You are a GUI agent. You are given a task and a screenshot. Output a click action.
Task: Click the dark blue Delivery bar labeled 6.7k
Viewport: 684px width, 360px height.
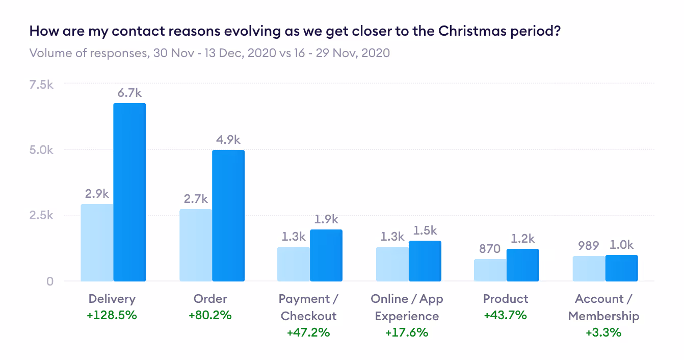(129, 192)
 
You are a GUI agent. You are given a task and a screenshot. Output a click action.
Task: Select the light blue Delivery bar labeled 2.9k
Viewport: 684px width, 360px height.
(97, 243)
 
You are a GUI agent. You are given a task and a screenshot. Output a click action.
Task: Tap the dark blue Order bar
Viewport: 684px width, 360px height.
(228, 216)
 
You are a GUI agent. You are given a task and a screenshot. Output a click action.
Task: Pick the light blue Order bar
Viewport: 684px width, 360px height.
(196, 245)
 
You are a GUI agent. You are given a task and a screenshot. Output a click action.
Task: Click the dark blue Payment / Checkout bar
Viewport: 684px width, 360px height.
(326, 255)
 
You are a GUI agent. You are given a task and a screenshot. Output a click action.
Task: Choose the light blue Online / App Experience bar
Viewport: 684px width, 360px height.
(392, 264)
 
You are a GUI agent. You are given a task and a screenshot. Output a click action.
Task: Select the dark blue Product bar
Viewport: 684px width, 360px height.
(523, 265)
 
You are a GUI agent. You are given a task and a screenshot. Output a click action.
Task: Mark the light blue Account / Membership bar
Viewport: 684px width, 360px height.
(589, 269)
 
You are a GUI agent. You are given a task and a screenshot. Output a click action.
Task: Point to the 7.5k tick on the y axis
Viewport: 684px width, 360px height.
(41, 85)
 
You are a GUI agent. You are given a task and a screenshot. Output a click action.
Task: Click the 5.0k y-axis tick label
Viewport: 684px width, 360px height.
(41, 150)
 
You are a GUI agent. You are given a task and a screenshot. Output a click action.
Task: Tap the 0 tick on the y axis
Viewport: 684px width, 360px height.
(50, 281)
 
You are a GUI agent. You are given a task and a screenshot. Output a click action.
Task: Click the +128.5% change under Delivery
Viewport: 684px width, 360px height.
(112, 315)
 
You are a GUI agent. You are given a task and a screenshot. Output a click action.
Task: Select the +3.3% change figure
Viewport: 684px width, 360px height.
(603, 332)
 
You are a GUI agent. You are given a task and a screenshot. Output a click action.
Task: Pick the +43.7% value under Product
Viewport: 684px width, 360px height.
(506, 315)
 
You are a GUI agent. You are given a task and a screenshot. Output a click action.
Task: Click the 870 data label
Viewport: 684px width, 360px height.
(490, 249)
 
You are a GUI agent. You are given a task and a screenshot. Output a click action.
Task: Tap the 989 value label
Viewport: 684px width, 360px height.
(588, 246)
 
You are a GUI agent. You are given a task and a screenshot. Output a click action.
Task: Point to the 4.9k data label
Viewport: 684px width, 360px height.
(228, 140)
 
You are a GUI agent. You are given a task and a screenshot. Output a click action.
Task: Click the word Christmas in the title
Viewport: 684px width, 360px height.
(472, 31)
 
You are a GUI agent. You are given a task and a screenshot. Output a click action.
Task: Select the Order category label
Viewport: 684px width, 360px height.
(210, 299)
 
